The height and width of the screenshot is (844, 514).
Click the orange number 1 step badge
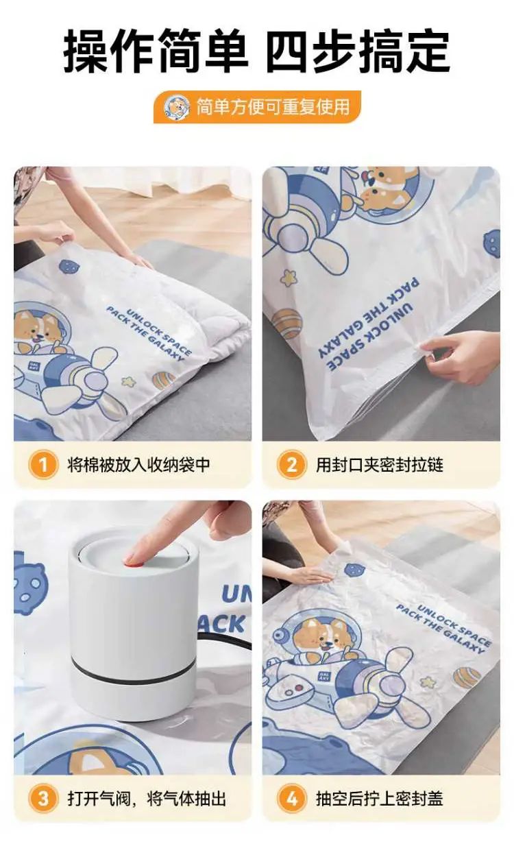click(x=43, y=465)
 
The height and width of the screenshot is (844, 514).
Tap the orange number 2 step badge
click(x=292, y=465)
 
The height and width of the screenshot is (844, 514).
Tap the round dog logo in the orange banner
click(x=177, y=107)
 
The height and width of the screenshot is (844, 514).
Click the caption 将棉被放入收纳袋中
click(x=138, y=465)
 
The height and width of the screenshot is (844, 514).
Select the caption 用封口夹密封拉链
click(x=380, y=465)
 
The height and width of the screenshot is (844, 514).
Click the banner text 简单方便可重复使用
click(x=273, y=107)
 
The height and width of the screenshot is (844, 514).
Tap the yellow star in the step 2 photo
click(x=289, y=278)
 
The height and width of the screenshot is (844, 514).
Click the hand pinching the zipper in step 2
click(x=459, y=355)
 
